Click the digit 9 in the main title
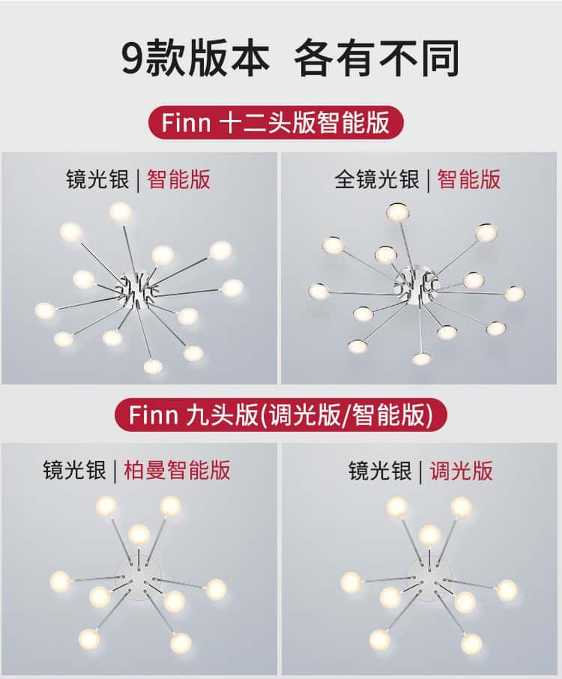(x=133, y=58)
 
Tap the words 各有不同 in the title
(x=376, y=58)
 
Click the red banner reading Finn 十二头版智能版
(x=276, y=123)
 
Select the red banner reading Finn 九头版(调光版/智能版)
(x=280, y=415)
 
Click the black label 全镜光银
(x=377, y=179)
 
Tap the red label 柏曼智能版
(x=177, y=470)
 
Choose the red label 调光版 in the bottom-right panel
(x=461, y=470)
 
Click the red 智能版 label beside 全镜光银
(x=469, y=179)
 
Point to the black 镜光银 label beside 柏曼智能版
(x=74, y=470)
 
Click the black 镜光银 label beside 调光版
(x=380, y=470)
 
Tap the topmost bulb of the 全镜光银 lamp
(x=398, y=212)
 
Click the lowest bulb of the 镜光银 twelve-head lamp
(x=153, y=366)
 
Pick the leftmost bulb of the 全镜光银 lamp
(x=318, y=291)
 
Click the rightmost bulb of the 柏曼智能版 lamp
(x=216, y=589)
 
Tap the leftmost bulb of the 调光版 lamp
(x=351, y=582)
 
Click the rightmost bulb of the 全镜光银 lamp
(x=514, y=294)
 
